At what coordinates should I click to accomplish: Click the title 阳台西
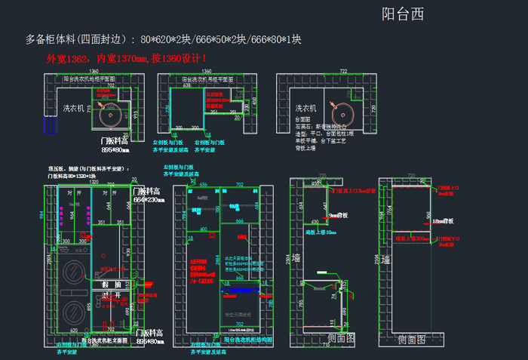coord(403,14)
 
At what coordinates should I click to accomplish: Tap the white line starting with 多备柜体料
coord(164,39)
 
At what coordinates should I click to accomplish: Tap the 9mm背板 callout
coord(336,216)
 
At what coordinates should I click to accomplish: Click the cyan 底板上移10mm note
coord(320,232)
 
